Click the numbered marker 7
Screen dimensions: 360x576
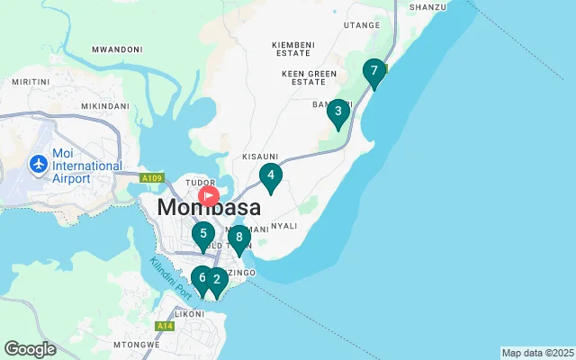pyautogui.click(x=374, y=72)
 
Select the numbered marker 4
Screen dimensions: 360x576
pyautogui.click(x=271, y=176)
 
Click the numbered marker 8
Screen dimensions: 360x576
pyautogui.click(x=238, y=238)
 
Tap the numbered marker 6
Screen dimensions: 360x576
pyautogui.click(x=202, y=278)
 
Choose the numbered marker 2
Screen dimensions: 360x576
pyautogui.click(x=217, y=280)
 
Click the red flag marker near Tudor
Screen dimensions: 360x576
pyautogui.click(x=209, y=194)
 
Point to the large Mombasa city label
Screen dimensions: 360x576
pyautogui.click(x=209, y=208)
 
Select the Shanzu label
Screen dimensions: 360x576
pyautogui.click(x=427, y=7)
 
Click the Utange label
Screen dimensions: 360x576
pyautogui.click(x=362, y=25)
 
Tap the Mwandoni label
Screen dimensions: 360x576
pyautogui.click(x=117, y=49)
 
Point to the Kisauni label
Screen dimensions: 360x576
pyautogui.click(x=260, y=156)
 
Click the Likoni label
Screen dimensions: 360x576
pyautogui.click(x=189, y=314)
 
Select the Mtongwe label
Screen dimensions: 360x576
pyautogui.click(x=136, y=344)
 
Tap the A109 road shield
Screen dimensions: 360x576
pyautogui.click(x=151, y=179)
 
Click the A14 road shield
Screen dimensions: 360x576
pyautogui.click(x=164, y=326)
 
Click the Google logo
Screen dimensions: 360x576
pyautogui.click(x=30, y=348)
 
